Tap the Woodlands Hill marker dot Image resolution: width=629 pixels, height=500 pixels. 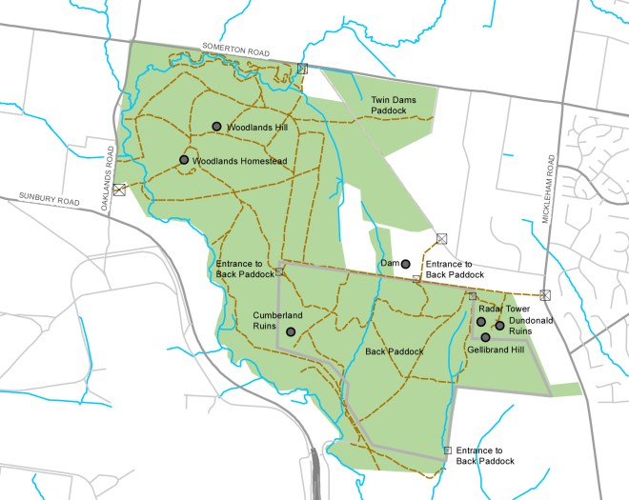217,127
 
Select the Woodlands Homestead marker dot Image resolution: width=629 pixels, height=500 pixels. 184,160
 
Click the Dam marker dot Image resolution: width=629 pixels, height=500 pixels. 406,264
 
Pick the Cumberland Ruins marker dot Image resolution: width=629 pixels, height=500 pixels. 291,331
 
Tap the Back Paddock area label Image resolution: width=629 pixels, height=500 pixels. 394,351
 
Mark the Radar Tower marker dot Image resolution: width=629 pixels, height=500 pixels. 481,322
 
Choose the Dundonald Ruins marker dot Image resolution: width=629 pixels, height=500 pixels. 499,326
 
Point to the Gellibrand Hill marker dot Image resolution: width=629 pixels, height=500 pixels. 486,337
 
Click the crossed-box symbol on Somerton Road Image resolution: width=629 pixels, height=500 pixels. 302,69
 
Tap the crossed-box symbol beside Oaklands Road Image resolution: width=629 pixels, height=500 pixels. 118,190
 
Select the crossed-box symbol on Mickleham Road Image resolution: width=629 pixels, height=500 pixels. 545,294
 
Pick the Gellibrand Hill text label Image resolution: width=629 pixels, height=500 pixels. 496,350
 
